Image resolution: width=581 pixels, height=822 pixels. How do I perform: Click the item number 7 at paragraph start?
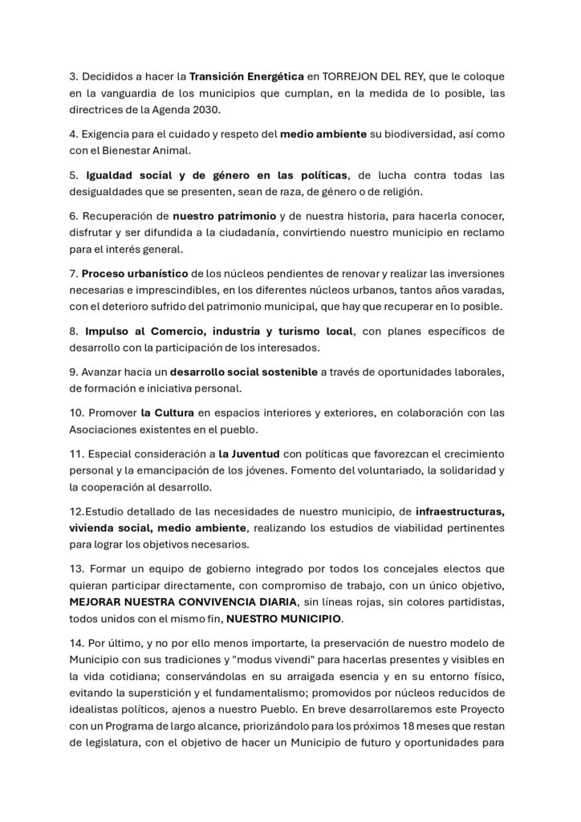point(74,274)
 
